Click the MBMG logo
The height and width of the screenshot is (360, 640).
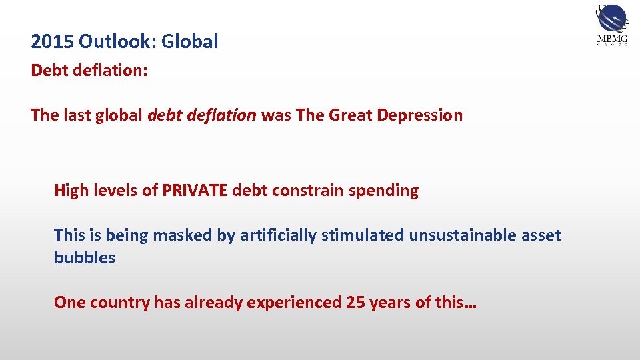pyautogui.click(x=611, y=25)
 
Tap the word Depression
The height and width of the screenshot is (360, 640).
pyautogui.click(x=419, y=115)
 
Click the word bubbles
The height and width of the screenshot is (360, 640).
pyautogui.click(x=85, y=258)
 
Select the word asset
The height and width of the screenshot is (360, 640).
pyautogui.click(x=539, y=235)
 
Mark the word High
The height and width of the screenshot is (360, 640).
pyautogui.click(x=69, y=191)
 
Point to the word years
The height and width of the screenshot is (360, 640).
pyautogui.click(x=389, y=303)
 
